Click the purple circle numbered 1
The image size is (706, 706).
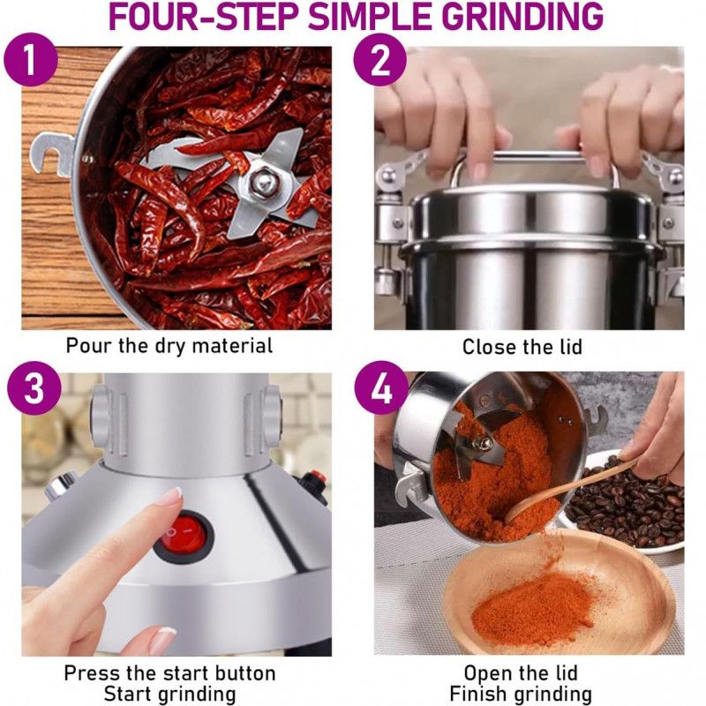point(31,60)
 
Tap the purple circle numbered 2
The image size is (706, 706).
point(380,60)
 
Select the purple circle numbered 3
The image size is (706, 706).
point(34,387)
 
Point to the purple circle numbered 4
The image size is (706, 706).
point(382,387)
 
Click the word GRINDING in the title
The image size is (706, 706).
point(525,16)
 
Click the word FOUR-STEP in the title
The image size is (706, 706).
point(204,16)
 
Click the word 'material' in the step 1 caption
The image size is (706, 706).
point(232,345)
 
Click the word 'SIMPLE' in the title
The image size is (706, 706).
point(373,16)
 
